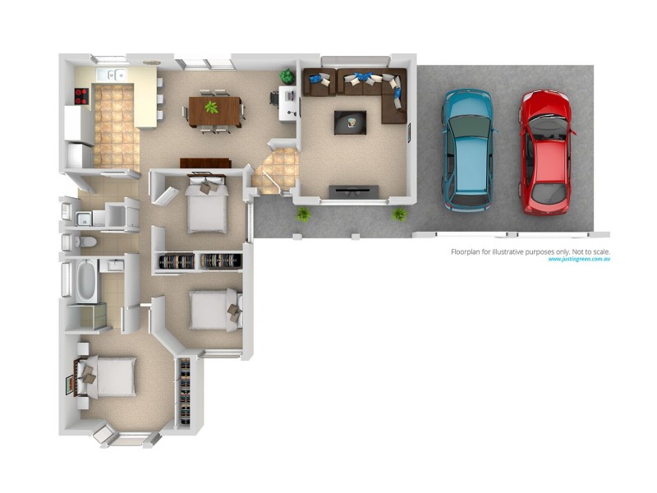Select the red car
point(544,152)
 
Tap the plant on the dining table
point(212,108)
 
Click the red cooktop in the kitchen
point(82,96)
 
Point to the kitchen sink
point(113,76)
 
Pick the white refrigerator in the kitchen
point(79,154)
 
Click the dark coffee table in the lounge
point(350,122)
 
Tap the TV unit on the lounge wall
point(354,191)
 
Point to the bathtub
point(85,280)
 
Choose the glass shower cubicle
point(88,316)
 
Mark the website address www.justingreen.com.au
point(580,260)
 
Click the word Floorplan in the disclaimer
point(469,251)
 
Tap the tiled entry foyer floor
point(277,169)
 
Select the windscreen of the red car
point(543,129)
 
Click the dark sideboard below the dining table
point(205,162)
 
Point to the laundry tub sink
point(83,219)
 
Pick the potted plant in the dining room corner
point(287,76)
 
